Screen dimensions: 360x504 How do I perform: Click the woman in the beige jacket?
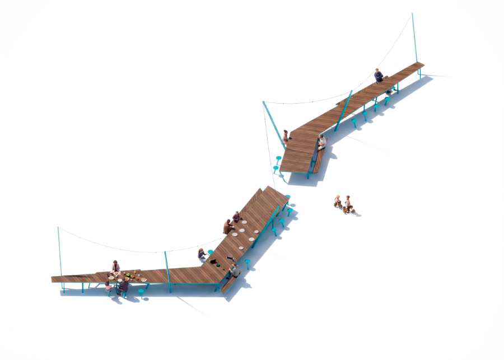[115, 267]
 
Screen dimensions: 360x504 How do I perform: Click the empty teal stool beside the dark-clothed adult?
[141, 291]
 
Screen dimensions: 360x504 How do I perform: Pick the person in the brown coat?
[227, 226]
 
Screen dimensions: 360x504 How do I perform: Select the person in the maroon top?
[236, 217]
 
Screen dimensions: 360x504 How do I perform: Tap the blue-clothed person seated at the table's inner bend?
[202, 255]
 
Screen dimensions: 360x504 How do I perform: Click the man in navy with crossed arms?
[379, 76]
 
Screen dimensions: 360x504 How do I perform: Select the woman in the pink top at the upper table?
[286, 137]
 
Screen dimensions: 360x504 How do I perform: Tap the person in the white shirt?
[321, 143]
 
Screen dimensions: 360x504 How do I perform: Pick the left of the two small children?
[338, 201]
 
